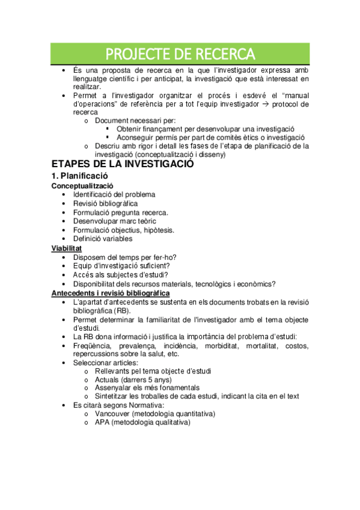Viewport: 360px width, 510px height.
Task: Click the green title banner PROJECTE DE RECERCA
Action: [180, 55]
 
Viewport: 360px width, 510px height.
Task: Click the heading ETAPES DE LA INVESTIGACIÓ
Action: [123, 164]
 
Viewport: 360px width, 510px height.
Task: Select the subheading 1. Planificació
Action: [79, 176]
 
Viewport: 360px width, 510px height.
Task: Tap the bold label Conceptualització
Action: [82, 186]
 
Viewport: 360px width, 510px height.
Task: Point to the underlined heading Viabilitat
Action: [67, 248]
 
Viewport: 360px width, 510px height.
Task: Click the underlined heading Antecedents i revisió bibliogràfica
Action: [110, 292]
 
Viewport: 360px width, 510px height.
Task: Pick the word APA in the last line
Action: [102, 422]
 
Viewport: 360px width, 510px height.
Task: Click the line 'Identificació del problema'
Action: [114, 194]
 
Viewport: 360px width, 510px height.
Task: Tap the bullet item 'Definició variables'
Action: [103, 239]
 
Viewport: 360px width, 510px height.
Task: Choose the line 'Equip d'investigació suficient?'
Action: [121, 266]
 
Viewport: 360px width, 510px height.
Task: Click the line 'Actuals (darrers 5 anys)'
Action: [133, 379]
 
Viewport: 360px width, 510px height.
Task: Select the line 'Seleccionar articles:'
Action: [105, 363]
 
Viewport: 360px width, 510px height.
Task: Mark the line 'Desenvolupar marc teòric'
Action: [114, 221]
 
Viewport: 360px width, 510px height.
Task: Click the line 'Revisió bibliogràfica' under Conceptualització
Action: [105, 203]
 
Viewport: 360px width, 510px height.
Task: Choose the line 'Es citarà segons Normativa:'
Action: [117, 405]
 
